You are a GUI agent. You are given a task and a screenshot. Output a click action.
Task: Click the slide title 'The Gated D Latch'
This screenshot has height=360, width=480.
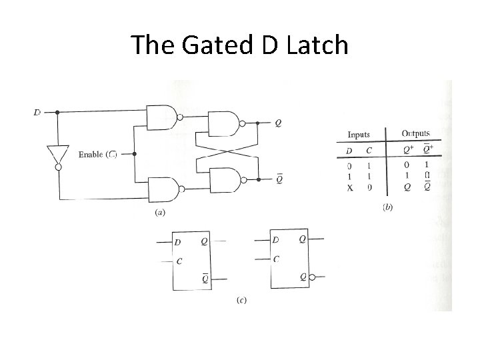pos(239,45)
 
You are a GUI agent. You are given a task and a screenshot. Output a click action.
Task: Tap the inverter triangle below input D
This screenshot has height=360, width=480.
pos(57,155)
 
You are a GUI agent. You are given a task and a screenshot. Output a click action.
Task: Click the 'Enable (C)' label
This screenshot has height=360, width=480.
pos(97,155)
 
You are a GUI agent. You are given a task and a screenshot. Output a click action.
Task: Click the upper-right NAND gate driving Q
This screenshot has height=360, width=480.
pos(224,123)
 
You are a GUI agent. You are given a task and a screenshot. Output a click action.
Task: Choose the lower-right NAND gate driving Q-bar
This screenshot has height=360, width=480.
pos(224,179)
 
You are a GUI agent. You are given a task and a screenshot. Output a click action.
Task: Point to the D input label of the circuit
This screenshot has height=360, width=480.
pos(37,112)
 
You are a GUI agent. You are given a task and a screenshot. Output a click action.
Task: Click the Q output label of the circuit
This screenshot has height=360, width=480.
pos(278,123)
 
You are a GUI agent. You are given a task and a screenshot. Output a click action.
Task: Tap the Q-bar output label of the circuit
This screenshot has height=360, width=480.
pos(279,178)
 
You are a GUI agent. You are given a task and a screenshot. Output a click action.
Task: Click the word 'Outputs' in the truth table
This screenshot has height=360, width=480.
pos(415,134)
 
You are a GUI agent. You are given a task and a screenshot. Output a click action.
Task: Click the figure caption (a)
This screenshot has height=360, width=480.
pos(160,213)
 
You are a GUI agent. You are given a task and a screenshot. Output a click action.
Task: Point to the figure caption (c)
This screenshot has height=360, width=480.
pos(241,300)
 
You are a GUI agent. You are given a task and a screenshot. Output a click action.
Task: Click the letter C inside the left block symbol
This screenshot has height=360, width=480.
pos(179,261)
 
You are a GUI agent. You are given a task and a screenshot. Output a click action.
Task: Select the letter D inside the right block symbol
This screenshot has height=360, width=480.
pos(276,239)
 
